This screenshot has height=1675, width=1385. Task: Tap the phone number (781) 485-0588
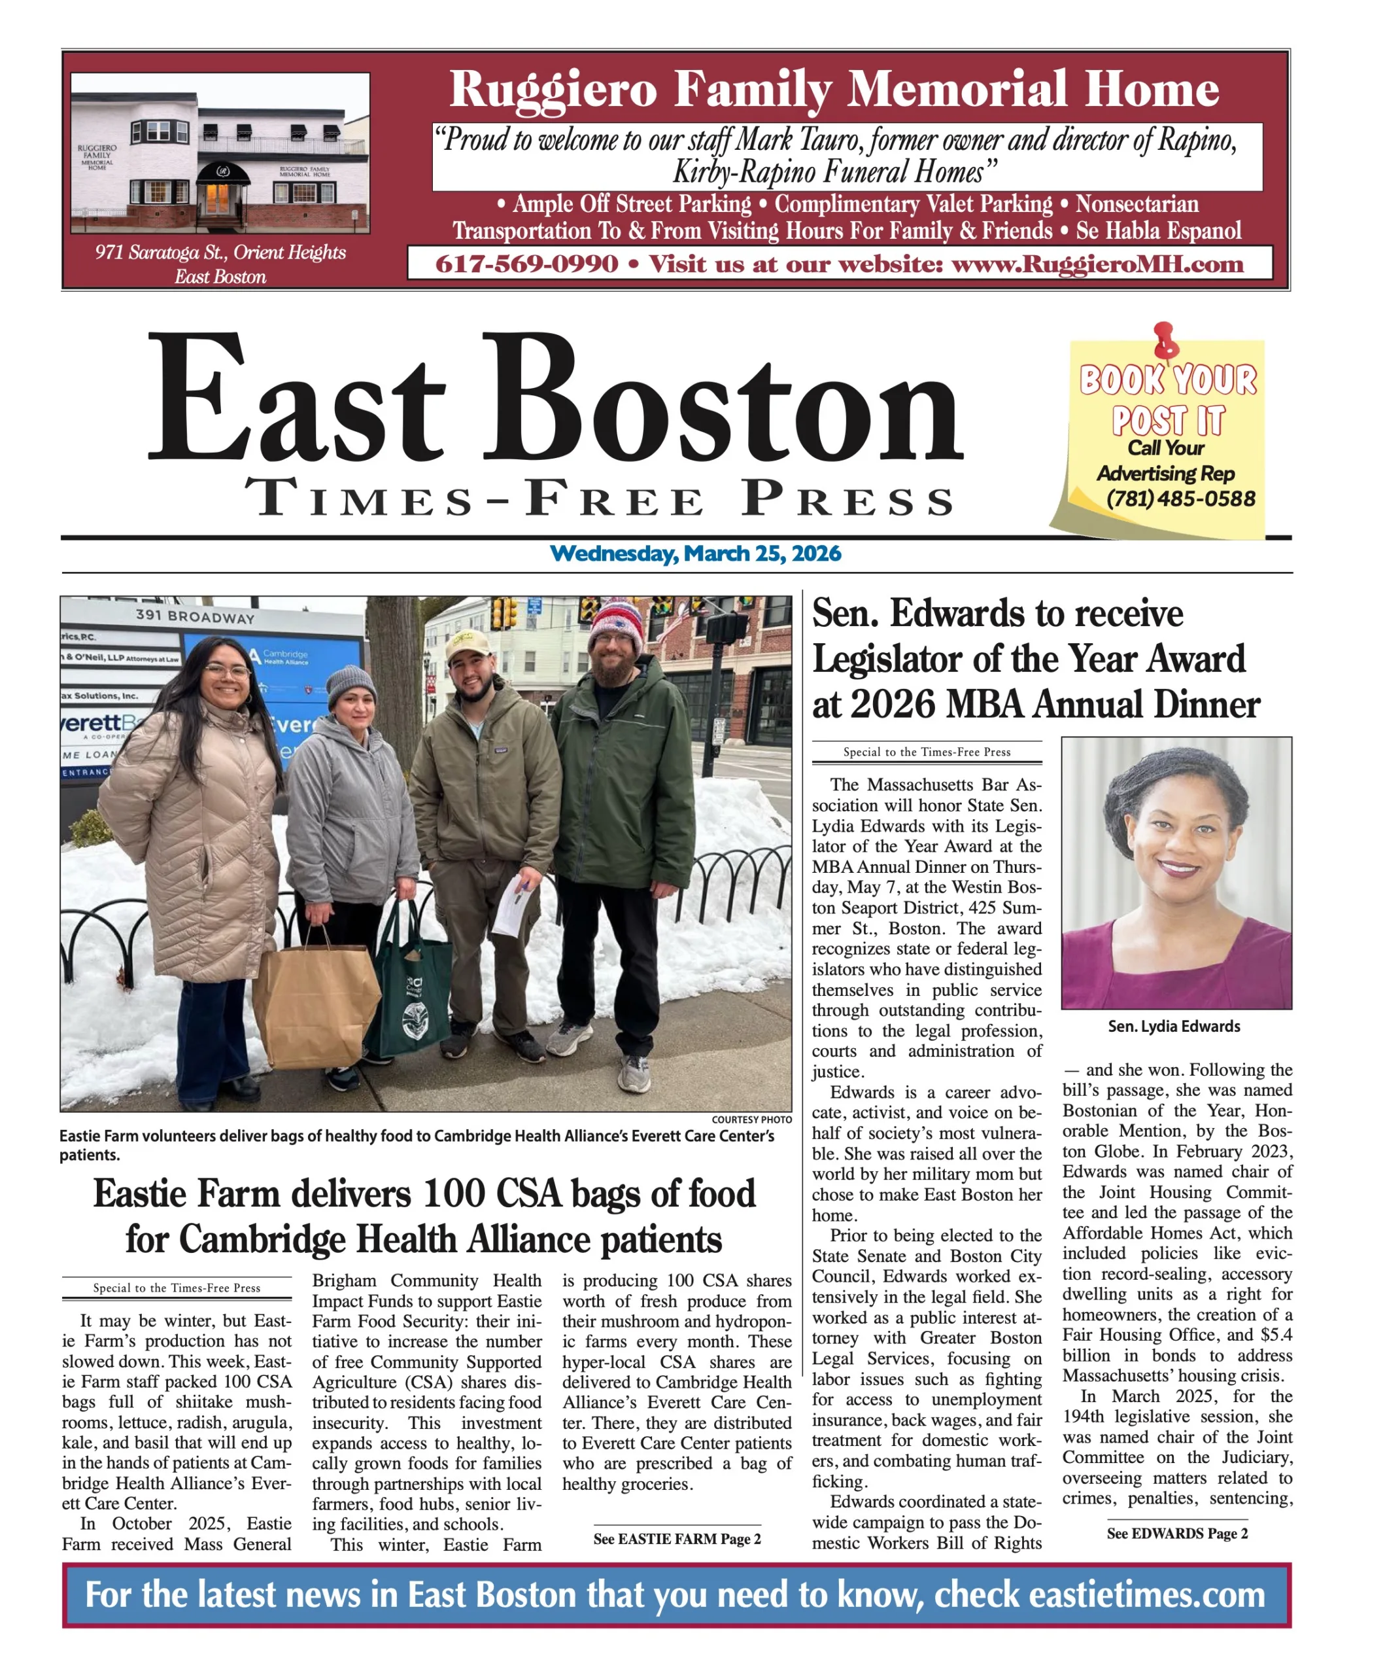(1180, 499)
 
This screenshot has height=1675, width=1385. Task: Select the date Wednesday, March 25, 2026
(694, 554)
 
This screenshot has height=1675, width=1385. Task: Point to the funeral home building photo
(220, 153)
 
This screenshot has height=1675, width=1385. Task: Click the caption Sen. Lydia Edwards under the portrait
(1174, 1027)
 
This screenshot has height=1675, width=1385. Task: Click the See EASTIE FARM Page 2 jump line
(676, 1539)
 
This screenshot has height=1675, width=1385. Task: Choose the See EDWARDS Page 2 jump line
(1176, 1533)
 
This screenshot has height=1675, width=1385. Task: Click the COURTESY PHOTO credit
(751, 1120)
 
